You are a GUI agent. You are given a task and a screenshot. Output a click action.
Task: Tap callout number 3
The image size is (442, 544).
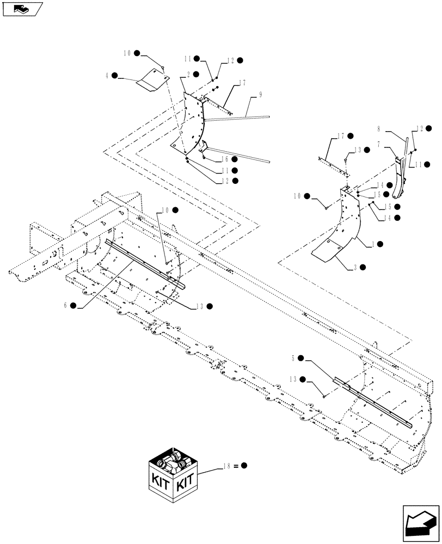pyautogui.click(x=352, y=267)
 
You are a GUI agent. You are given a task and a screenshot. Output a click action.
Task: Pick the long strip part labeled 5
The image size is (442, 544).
pyautogui.click(x=376, y=403)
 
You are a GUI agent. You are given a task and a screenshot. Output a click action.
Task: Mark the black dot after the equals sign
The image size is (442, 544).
pyautogui.click(x=244, y=466)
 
